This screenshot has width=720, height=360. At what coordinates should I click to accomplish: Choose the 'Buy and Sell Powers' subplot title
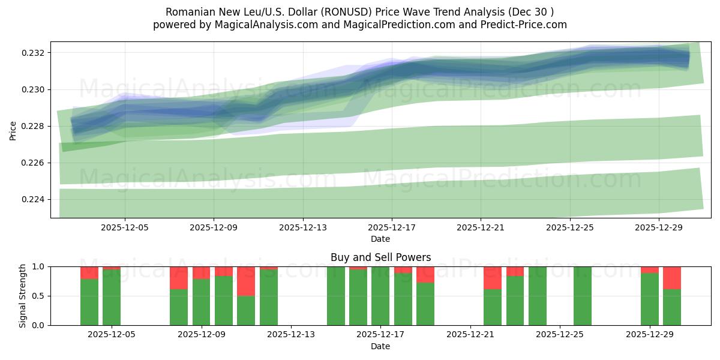[380, 257]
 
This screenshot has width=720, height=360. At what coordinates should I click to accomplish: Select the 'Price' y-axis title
[13, 130]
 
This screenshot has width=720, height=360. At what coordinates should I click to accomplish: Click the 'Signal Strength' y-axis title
[23, 296]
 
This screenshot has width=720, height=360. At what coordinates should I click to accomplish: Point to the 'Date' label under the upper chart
[380, 239]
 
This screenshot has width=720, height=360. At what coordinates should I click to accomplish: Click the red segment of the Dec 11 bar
[246, 281]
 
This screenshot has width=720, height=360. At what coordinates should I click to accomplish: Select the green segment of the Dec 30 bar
[672, 307]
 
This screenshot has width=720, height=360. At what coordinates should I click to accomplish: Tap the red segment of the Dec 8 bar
[179, 278]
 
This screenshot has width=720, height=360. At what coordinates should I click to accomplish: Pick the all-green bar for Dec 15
[336, 296]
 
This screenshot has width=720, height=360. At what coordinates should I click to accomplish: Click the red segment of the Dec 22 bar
[493, 278]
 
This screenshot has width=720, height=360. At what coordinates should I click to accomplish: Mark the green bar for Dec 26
[583, 296]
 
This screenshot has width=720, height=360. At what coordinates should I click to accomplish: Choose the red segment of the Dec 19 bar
[425, 274]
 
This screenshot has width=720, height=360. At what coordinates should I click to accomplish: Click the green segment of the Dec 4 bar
[89, 302]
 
